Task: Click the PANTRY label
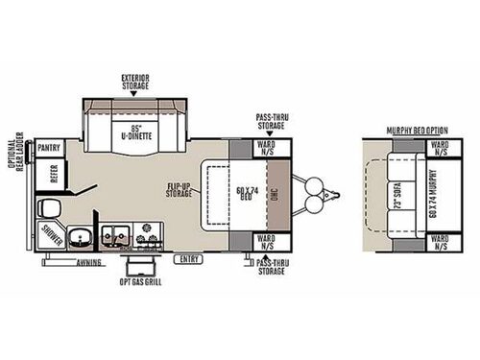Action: tap(51, 148)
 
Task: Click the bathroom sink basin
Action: tap(83, 234)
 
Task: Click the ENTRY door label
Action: tap(186, 258)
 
